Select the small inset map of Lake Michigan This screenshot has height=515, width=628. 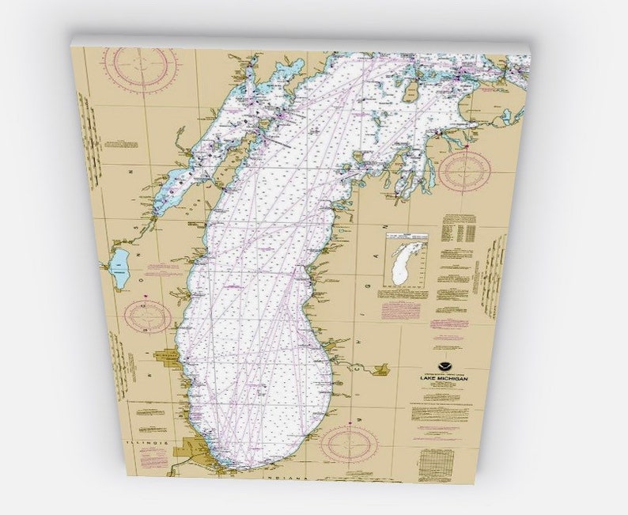pyautogui.click(x=407, y=259)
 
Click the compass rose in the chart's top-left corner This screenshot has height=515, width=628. pyautogui.click(x=141, y=67)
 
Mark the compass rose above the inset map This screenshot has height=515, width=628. pyautogui.click(x=464, y=171)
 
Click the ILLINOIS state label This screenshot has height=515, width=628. pyautogui.click(x=151, y=434)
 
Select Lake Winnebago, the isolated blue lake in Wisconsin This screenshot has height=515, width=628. pyautogui.click(x=120, y=269)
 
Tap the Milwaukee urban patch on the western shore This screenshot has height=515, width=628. pyautogui.click(x=170, y=360)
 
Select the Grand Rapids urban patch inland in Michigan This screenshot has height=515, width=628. pyautogui.click(x=380, y=369)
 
